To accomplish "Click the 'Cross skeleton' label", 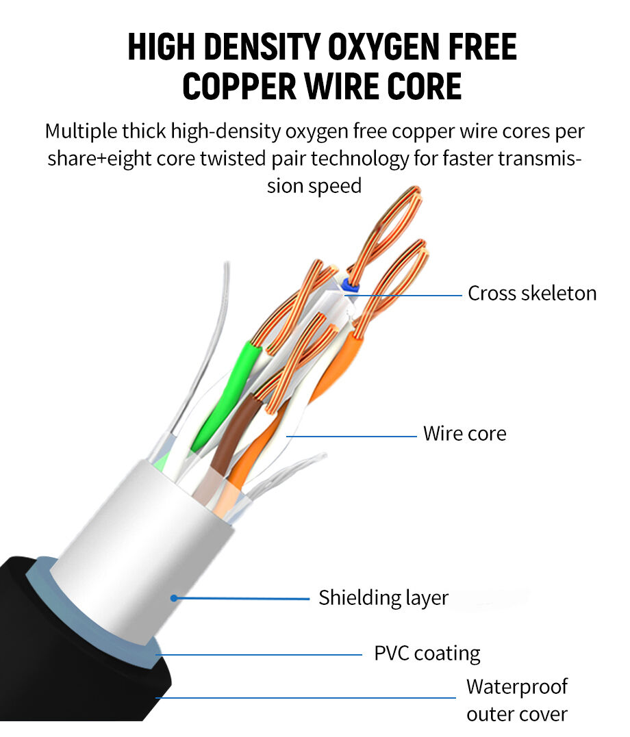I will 531,294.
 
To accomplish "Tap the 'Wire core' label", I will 464,434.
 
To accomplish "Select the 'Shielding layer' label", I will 383,597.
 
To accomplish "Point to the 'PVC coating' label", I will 427,653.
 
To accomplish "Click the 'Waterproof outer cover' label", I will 517,700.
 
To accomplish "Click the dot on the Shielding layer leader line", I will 175,597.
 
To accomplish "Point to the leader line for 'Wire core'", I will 356,435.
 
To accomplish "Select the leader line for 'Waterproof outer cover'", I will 308,698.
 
